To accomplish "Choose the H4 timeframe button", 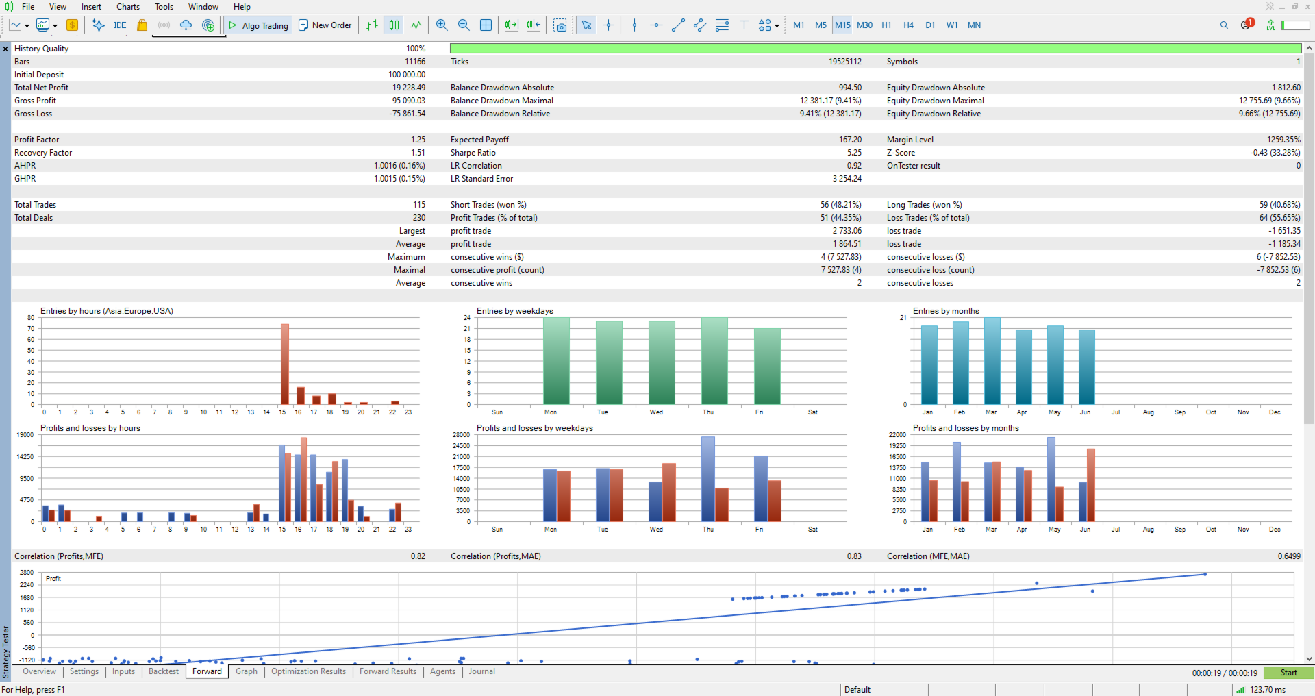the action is [908, 25].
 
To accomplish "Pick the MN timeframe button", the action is [974, 25].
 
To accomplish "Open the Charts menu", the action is [128, 7].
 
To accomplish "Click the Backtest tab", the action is [164, 671].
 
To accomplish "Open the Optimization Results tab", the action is [308, 671].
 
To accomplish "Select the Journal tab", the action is [481, 671].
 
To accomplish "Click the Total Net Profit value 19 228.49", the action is [409, 88].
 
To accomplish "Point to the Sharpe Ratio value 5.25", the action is [854, 153].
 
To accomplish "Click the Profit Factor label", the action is [37, 140].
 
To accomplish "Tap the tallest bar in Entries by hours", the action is [285, 364].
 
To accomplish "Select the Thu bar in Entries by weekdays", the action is [714, 361].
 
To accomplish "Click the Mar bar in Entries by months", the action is [992, 361].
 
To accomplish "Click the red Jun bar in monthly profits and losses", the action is [1091, 485].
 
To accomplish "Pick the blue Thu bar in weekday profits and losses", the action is [708, 480].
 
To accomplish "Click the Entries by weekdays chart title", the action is [515, 311].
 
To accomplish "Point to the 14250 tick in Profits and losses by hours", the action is [25, 457].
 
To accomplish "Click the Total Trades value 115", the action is [419, 205].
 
